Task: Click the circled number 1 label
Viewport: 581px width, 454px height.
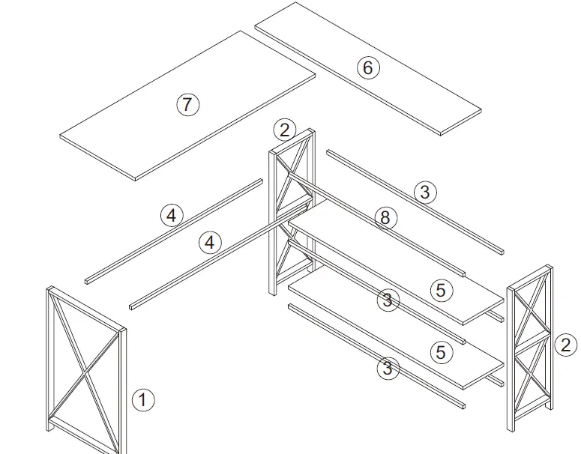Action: [142, 399]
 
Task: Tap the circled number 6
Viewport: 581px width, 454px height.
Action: [367, 68]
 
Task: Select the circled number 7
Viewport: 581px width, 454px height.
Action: [187, 104]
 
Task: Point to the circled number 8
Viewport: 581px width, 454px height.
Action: [385, 218]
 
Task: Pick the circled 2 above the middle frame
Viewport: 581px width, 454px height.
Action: [284, 130]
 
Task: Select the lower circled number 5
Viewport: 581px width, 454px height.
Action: [440, 351]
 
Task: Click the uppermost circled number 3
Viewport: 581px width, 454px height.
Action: [424, 192]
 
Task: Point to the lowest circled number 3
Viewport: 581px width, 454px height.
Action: [387, 368]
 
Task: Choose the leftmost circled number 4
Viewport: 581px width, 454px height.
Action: [172, 216]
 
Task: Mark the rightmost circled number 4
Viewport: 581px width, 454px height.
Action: [210, 242]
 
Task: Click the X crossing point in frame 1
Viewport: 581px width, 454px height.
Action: [85, 369]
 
